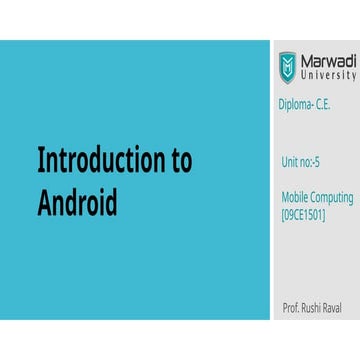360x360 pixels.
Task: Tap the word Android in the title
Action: (x=78, y=201)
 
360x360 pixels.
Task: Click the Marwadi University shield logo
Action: (x=287, y=66)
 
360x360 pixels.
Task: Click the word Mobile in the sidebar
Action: (x=296, y=197)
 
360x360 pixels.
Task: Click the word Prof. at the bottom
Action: (x=292, y=304)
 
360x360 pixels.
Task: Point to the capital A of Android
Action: (x=45, y=201)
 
